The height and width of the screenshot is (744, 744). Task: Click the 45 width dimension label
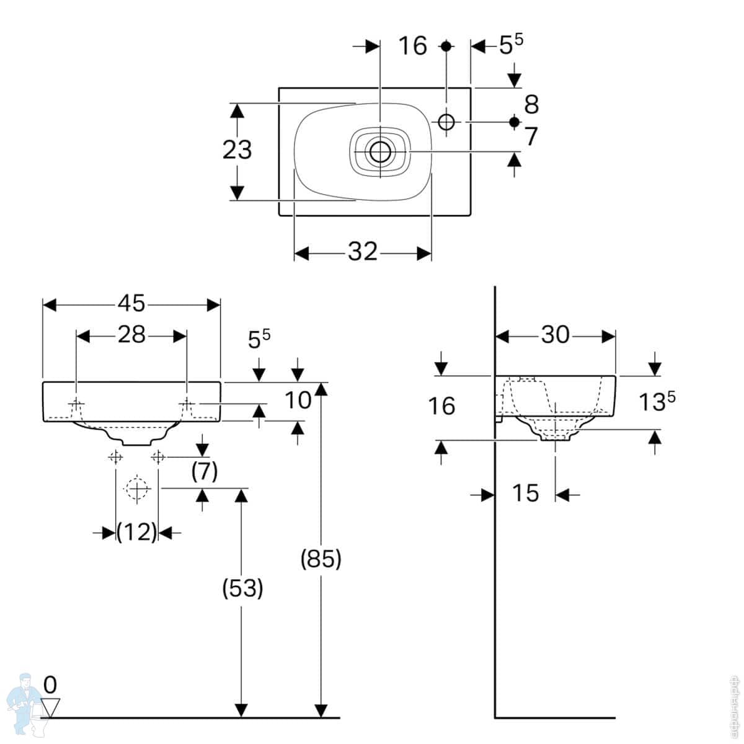131,304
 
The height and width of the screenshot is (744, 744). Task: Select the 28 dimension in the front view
131,335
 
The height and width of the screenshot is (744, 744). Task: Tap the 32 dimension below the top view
363,252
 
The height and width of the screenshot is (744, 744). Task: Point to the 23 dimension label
237,150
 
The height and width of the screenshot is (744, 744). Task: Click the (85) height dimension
321,559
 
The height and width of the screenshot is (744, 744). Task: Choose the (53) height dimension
242,588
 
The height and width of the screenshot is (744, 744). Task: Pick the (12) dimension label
137,531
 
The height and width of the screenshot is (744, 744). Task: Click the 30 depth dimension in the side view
555,335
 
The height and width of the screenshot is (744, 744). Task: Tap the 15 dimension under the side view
525,494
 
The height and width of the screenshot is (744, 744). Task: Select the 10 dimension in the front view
298,401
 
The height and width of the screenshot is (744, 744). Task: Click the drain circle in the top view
379,150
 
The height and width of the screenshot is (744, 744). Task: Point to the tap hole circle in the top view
446,122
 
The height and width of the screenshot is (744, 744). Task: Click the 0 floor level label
50,685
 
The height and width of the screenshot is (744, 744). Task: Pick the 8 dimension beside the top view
531,105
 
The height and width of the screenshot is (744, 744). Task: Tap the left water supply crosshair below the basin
115,457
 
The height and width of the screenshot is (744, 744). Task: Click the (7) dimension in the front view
204,472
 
